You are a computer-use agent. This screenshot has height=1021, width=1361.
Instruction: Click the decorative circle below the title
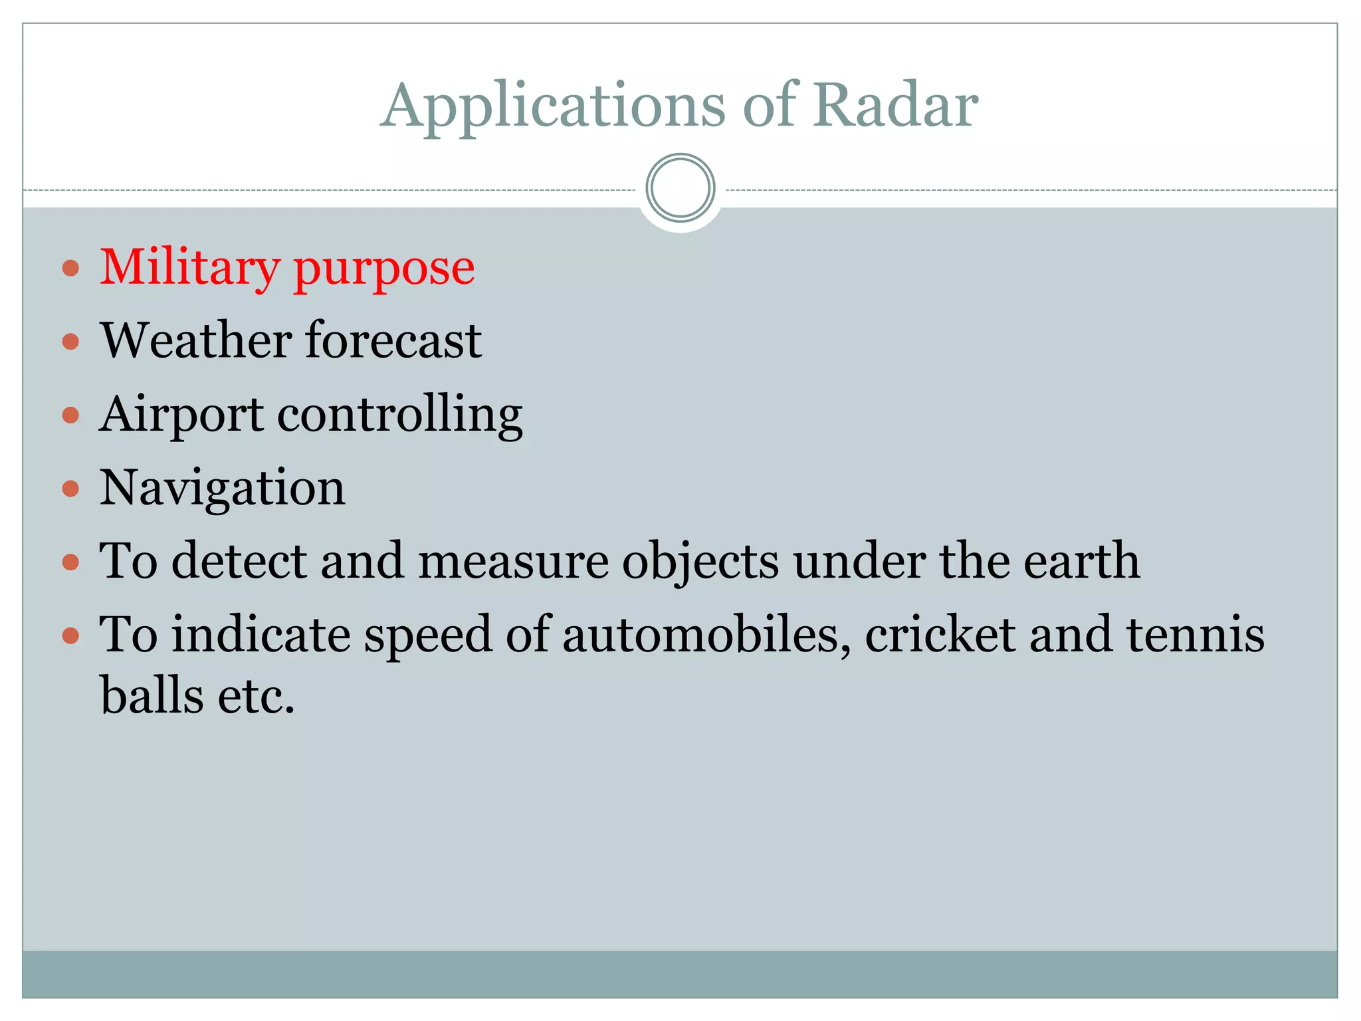(x=680, y=188)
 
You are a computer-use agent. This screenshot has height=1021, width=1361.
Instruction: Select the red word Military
(x=189, y=268)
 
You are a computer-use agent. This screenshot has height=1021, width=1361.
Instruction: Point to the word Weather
(x=196, y=340)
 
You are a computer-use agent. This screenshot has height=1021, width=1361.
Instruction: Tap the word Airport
(x=181, y=415)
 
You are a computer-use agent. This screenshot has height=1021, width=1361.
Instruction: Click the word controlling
(x=399, y=415)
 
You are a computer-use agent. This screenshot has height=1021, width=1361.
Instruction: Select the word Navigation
(x=222, y=489)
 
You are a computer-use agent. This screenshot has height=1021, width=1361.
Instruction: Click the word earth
(x=1081, y=561)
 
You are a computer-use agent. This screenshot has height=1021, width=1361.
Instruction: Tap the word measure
(x=512, y=562)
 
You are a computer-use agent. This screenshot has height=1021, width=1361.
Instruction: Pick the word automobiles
(x=706, y=635)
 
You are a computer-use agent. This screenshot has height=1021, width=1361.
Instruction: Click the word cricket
(x=940, y=635)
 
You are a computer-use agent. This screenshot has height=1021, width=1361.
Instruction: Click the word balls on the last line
(x=152, y=696)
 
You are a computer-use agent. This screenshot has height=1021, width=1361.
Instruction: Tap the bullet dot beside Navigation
(x=70, y=489)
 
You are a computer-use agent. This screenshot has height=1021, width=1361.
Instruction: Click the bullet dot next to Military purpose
(x=70, y=269)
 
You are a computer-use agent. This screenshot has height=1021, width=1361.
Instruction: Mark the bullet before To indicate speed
(x=70, y=636)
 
